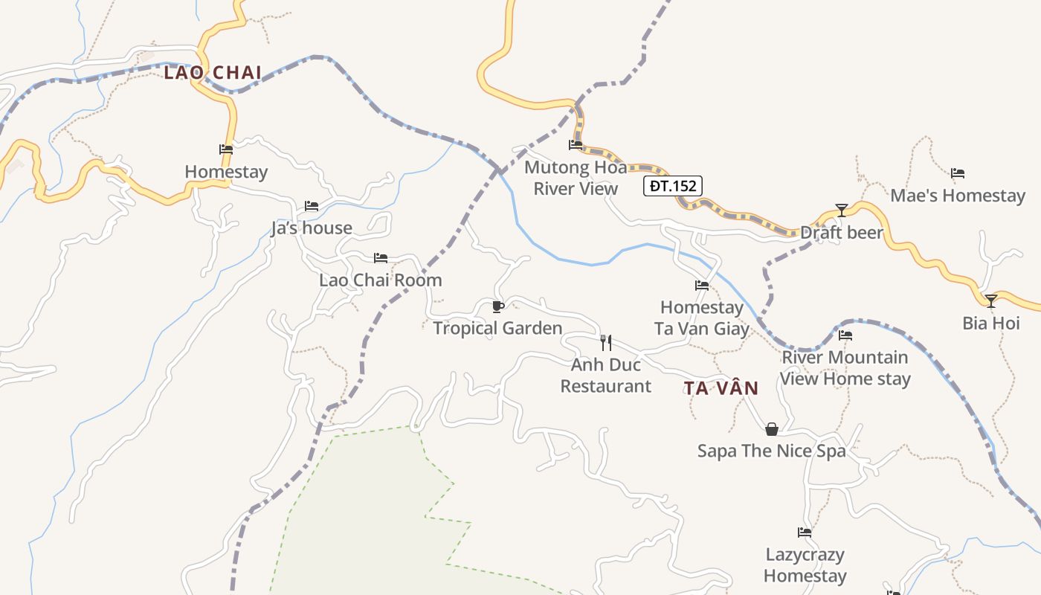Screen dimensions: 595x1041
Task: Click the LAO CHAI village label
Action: coord(213,73)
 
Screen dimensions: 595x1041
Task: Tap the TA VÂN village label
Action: coord(721,388)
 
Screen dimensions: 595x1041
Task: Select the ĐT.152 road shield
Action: coord(672,186)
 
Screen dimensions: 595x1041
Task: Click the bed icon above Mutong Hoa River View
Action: coord(576,145)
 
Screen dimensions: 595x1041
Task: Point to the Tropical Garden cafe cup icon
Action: coord(498,306)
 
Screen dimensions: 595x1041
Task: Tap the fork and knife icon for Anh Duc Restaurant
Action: coord(606,343)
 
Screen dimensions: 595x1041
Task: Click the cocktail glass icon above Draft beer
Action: coord(841,210)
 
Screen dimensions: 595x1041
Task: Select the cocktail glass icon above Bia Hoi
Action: coord(990,301)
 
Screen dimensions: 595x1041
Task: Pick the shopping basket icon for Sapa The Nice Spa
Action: coord(772,429)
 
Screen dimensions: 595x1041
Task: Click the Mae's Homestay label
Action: coord(958,196)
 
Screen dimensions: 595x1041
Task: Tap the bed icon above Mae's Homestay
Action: coord(958,173)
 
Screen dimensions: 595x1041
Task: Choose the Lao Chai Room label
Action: coord(381,280)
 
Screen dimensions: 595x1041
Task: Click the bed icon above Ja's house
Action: coord(312,206)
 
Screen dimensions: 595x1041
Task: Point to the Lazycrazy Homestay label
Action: coord(805,565)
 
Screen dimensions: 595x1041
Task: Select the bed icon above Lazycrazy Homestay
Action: coord(805,533)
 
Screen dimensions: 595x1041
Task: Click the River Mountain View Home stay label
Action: coord(845,368)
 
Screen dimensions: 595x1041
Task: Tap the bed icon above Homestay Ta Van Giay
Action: coord(702,286)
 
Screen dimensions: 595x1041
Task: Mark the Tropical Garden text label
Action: coord(497,328)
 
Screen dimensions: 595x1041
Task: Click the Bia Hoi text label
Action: coord(991,324)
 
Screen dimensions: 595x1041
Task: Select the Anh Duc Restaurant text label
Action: coord(606,376)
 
